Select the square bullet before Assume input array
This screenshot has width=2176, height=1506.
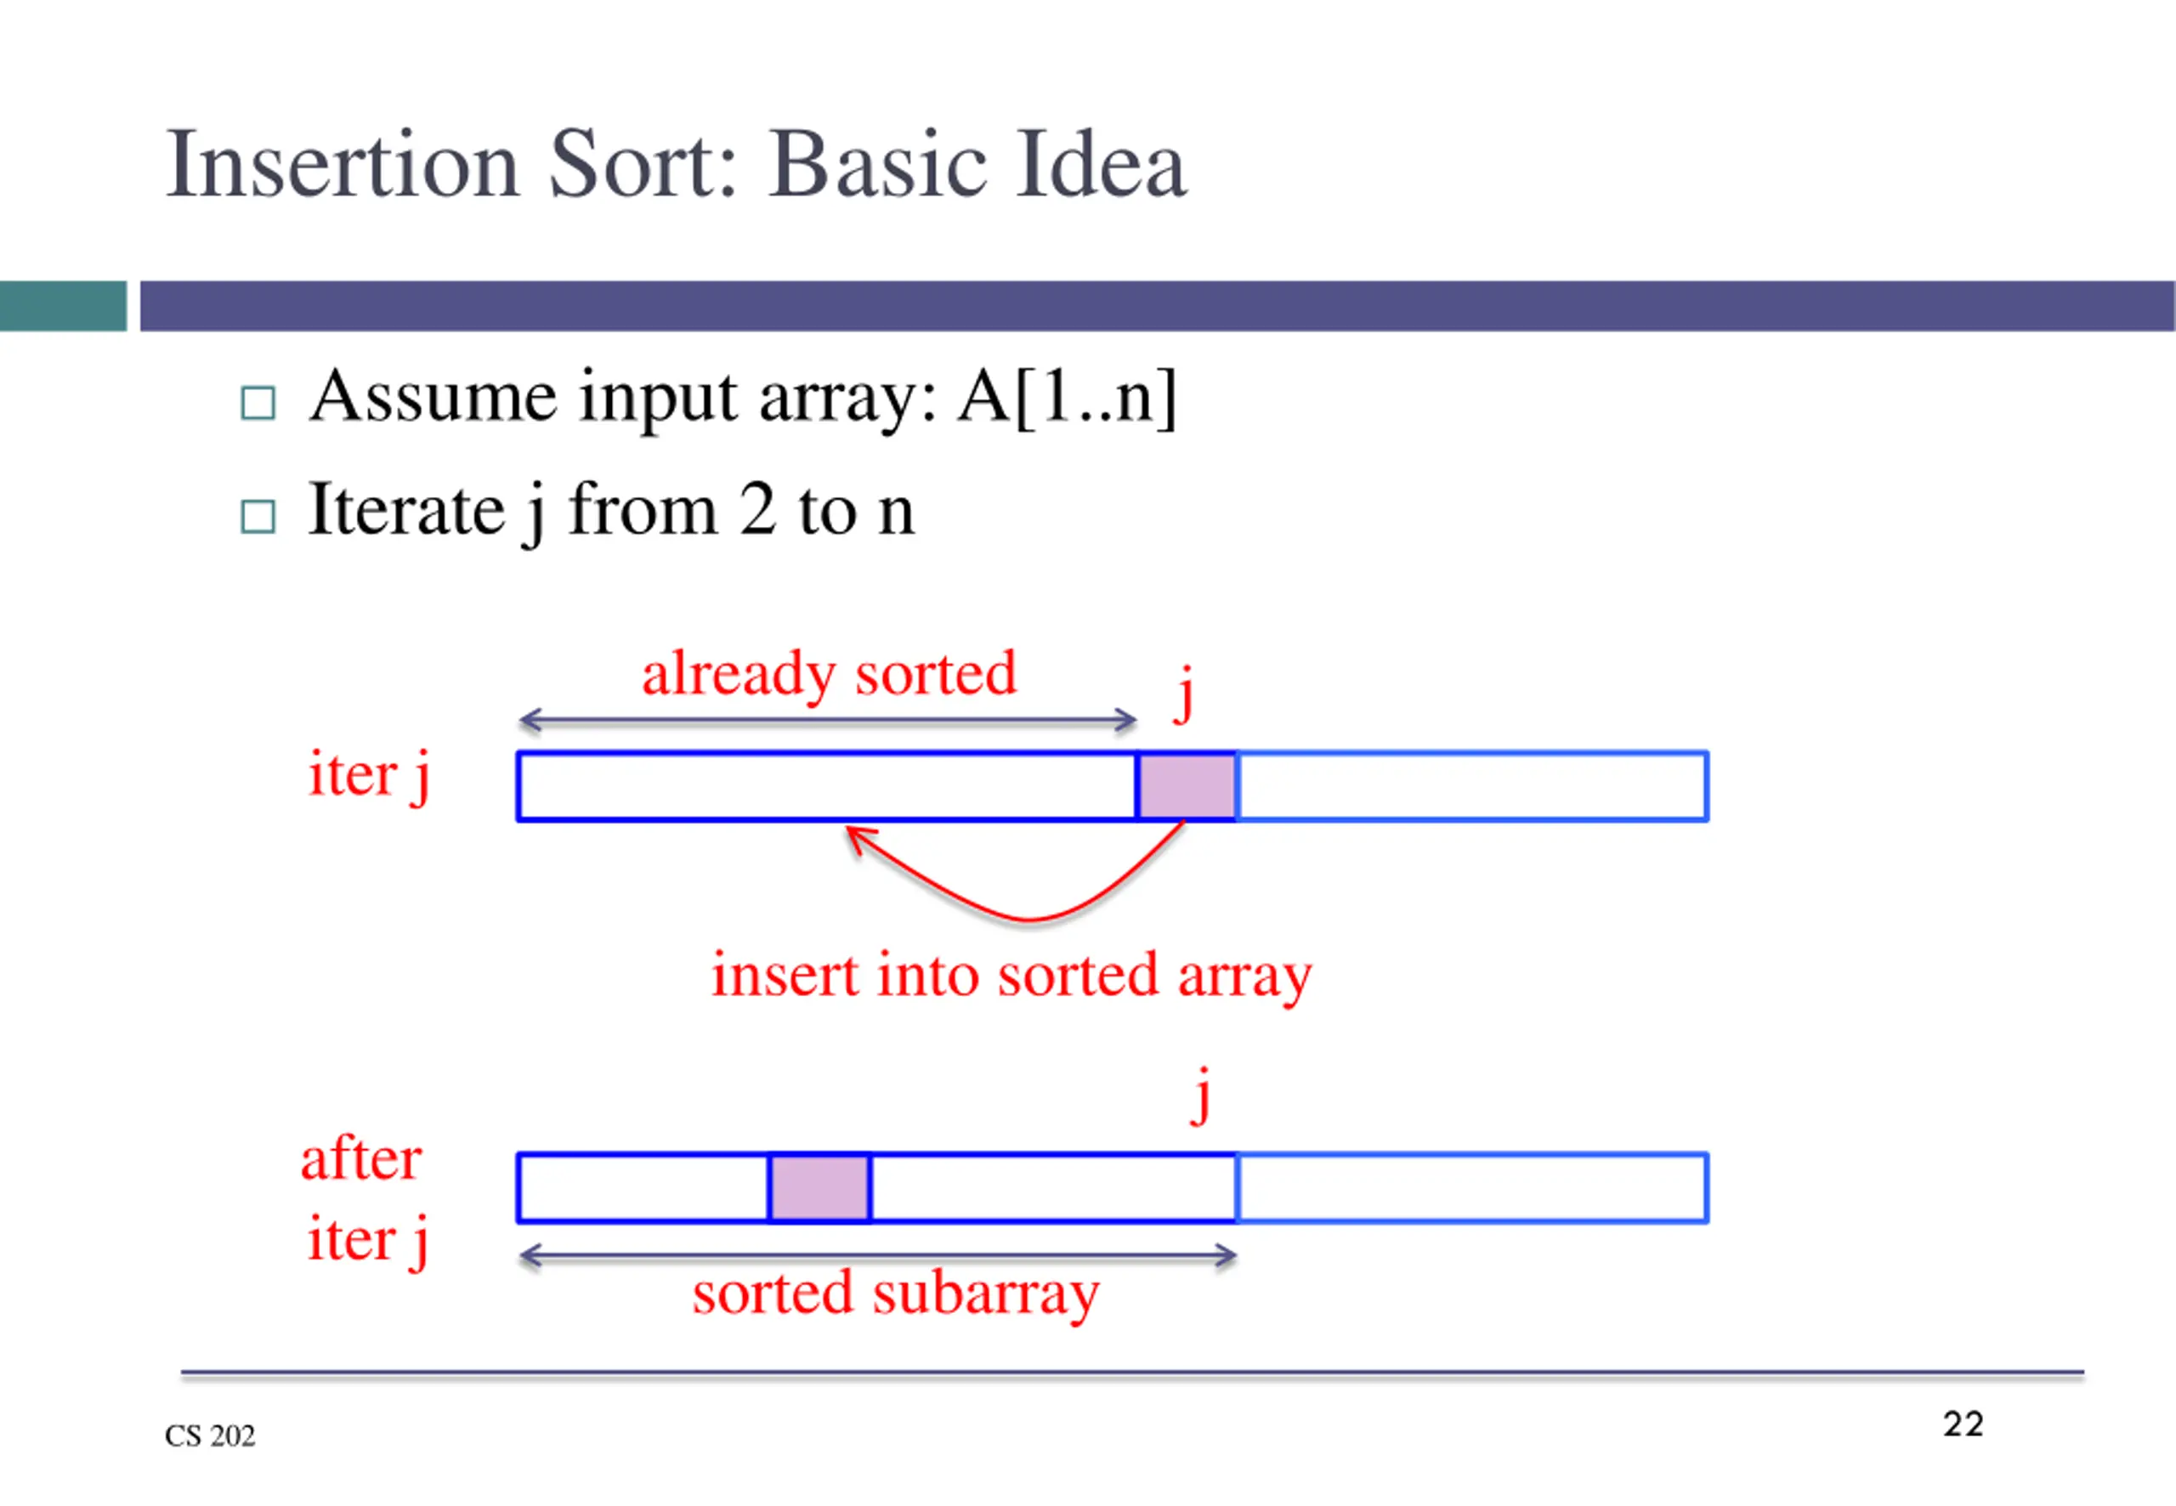point(258,404)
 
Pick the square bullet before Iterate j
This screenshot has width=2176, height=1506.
point(258,517)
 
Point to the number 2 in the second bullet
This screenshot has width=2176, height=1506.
point(757,510)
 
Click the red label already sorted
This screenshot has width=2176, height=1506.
point(829,675)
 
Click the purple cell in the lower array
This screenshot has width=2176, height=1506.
point(819,1187)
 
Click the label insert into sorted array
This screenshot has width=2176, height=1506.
point(1011,975)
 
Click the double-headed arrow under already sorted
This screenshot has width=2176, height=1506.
point(828,721)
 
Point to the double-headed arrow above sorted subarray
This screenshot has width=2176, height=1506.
point(877,1255)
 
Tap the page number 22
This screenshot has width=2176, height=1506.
point(1963,1424)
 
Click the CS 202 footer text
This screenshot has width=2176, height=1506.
point(209,1435)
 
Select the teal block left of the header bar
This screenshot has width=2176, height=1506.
point(62,306)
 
